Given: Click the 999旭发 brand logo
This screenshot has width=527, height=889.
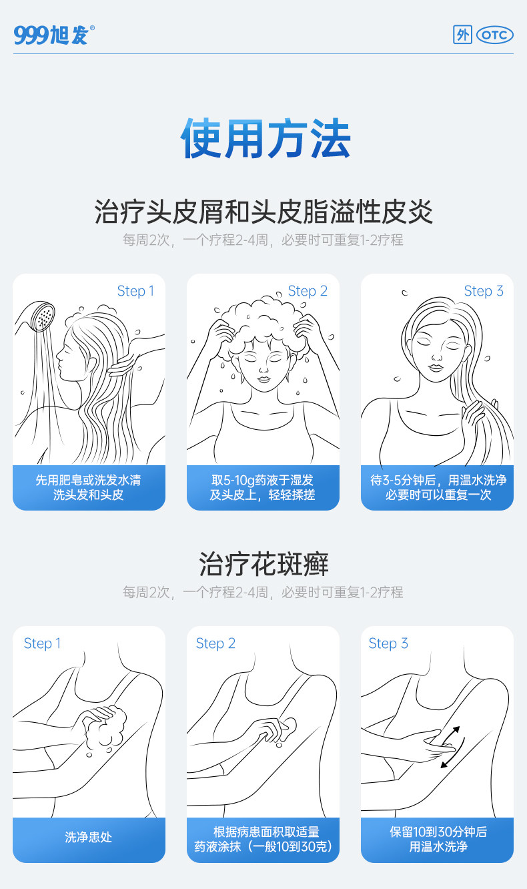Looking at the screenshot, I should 54,35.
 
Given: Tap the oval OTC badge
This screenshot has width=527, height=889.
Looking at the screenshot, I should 494,35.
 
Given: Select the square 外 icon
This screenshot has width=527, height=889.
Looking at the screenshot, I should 462,35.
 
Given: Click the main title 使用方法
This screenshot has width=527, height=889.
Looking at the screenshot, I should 265,139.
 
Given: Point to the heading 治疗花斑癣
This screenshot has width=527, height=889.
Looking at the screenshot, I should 263,564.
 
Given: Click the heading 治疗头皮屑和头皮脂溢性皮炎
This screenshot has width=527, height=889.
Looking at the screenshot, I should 263,212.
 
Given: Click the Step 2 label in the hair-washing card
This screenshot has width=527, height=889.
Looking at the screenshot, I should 308,291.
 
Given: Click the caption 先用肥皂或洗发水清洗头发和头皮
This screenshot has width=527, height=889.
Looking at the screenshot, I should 89,488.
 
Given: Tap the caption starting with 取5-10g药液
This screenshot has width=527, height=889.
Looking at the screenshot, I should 263,488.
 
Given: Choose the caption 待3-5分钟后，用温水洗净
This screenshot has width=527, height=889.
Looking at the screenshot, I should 438,488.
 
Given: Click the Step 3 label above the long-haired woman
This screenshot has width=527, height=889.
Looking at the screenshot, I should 484,291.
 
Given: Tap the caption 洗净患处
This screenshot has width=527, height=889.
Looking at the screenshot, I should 89,837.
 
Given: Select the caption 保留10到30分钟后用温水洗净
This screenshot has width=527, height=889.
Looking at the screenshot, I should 438,840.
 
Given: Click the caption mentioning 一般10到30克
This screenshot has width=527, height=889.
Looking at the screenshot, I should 263,840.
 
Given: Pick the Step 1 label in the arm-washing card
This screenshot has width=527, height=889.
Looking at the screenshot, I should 42,643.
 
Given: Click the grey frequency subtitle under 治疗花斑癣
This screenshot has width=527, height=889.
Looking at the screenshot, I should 263,592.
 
